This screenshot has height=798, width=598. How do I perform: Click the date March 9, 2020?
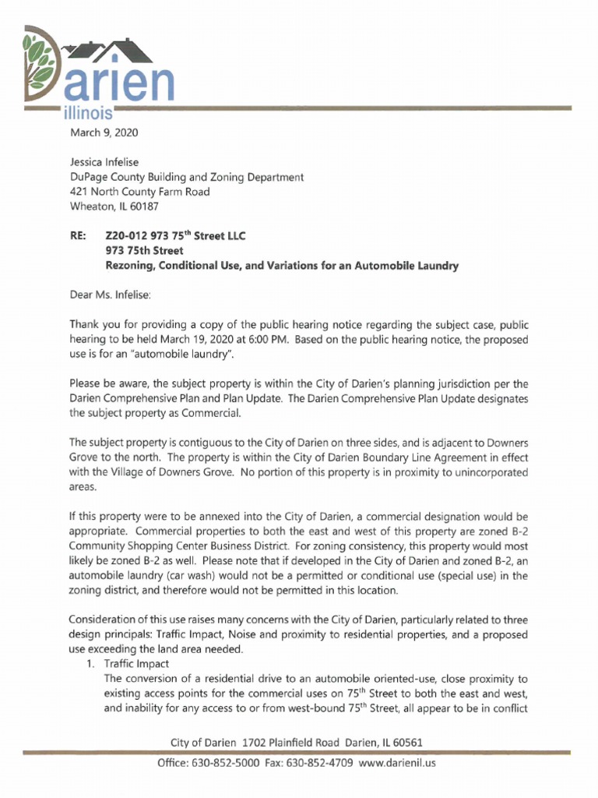click(x=104, y=132)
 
